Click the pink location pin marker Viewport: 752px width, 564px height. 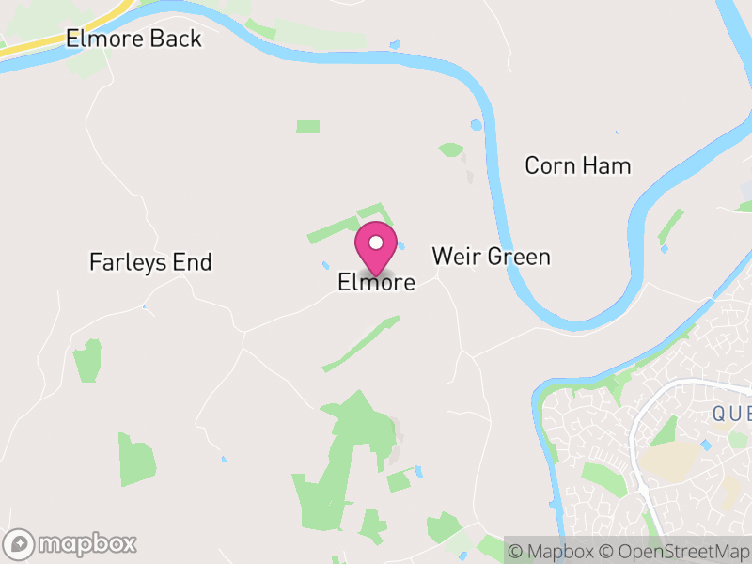point(376,246)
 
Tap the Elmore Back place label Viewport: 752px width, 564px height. point(133,39)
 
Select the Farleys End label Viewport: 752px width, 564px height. point(150,262)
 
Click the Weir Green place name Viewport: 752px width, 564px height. point(491,257)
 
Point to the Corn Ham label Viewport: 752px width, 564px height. point(577,166)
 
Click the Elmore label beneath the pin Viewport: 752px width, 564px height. point(376,282)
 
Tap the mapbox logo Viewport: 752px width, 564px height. point(71,543)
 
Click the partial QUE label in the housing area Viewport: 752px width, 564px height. point(731,415)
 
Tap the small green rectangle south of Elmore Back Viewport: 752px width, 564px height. point(307,126)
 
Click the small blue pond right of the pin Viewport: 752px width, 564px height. point(400,246)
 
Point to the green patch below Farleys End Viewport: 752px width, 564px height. point(87,360)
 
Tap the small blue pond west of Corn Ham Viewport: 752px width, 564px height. point(476,124)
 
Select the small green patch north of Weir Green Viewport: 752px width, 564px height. point(451,149)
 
